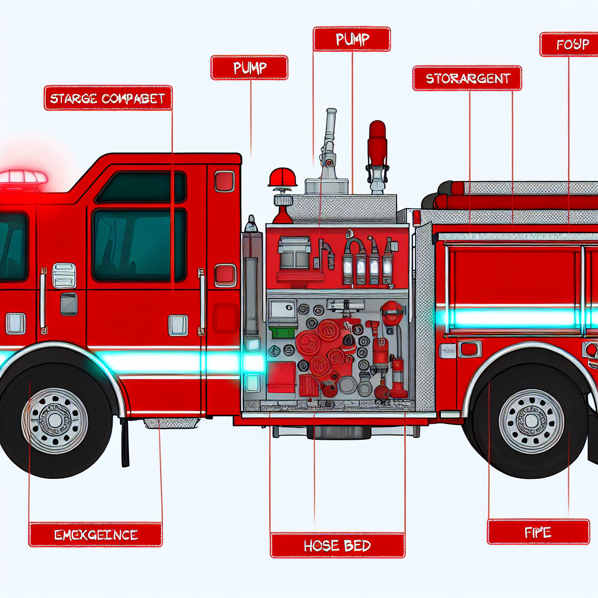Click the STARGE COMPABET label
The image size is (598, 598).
coord(107,98)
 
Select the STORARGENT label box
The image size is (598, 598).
coord(467,78)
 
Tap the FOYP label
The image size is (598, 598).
coord(568,44)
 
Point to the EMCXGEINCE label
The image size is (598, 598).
coord(95,534)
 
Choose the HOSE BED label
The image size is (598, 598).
coord(337,545)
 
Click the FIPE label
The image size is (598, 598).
coord(538,531)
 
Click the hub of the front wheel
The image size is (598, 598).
coord(55,419)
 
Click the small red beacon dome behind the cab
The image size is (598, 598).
coord(283,178)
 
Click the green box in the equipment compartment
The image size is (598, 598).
coord(282,332)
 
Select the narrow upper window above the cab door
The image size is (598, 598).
coord(140,187)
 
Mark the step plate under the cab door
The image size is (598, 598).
coord(171,422)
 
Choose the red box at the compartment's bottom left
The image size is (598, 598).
coord(281,378)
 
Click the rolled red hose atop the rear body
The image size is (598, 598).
coord(514,201)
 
